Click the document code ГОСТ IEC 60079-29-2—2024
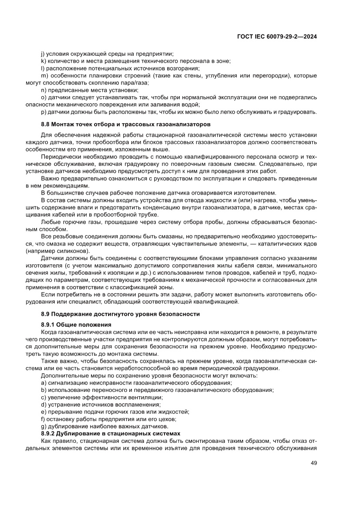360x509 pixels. pos(276,37)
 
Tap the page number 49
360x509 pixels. pos(313,463)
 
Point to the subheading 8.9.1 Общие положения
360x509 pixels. pos(76,325)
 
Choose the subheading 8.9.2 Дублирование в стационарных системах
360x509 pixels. pos(110,434)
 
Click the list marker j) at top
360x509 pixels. pos(42,54)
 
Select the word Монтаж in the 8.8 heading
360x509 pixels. pos(65,124)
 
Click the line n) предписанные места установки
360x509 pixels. pos(89,90)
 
